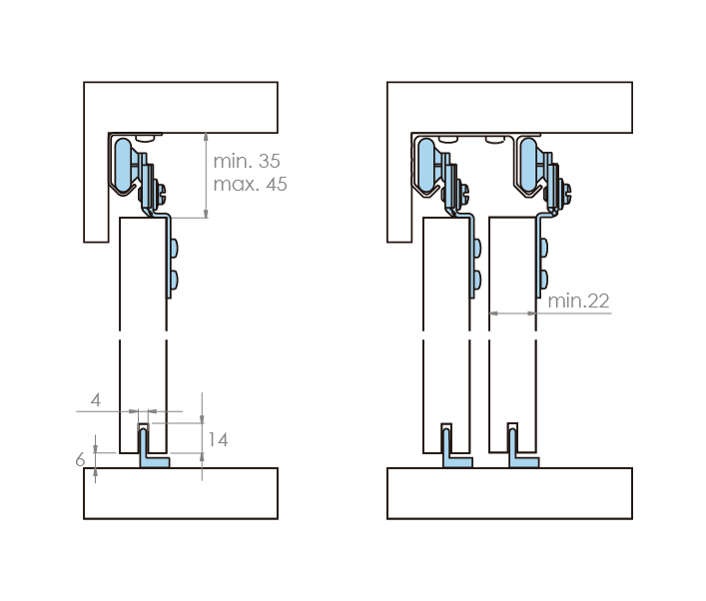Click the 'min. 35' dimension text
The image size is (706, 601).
247,161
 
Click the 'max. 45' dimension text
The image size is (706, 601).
250,184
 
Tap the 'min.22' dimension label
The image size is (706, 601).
578,300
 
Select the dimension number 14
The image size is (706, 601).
218,440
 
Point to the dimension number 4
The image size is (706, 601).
96,399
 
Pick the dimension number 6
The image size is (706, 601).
80,459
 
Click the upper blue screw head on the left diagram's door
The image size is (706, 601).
174,248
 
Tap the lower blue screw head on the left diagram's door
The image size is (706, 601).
174,280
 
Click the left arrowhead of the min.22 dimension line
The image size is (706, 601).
493,313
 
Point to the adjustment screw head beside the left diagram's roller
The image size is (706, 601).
161,193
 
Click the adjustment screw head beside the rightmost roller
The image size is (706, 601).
566,193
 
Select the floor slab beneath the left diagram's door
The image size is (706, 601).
181,493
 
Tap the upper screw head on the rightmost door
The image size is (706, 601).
544,248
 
